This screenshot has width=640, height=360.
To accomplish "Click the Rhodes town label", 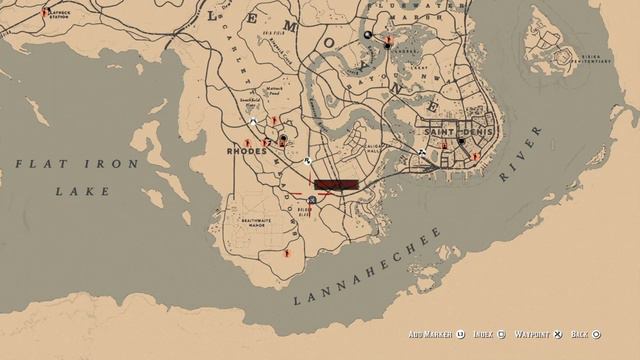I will point(248,151).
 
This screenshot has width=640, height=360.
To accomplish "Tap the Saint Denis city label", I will point(452,131).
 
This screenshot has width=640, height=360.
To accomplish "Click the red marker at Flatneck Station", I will point(46,12).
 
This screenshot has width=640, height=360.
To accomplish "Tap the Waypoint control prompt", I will point(538,334).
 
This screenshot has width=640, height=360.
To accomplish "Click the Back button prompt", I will point(583,334).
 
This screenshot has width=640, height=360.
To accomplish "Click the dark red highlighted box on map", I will point(334,184).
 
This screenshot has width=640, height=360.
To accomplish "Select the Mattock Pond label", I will point(276,91).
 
